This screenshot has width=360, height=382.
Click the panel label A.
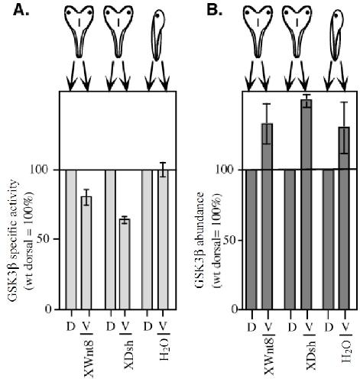[x=21, y=10]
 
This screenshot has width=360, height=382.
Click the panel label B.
[x=214, y=10]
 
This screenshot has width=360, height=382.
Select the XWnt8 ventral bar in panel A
[x=86, y=253]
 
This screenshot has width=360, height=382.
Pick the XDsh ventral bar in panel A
[x=125, y=264]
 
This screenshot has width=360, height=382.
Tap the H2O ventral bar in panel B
[x=344, y=219]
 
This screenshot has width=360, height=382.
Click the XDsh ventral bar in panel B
[x=306, y=205]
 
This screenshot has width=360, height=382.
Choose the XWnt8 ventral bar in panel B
[x=268, y=216]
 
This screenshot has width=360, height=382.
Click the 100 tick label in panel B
[x=226, y=170]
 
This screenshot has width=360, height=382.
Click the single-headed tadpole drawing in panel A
[x=158, y=35]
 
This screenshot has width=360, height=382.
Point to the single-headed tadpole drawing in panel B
[x=337, y=35]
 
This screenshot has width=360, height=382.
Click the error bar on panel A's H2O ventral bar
[x=163, y=170]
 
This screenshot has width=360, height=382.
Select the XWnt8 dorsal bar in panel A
[x=71, y=240]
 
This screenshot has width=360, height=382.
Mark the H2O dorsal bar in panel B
[x=328, y=240]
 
